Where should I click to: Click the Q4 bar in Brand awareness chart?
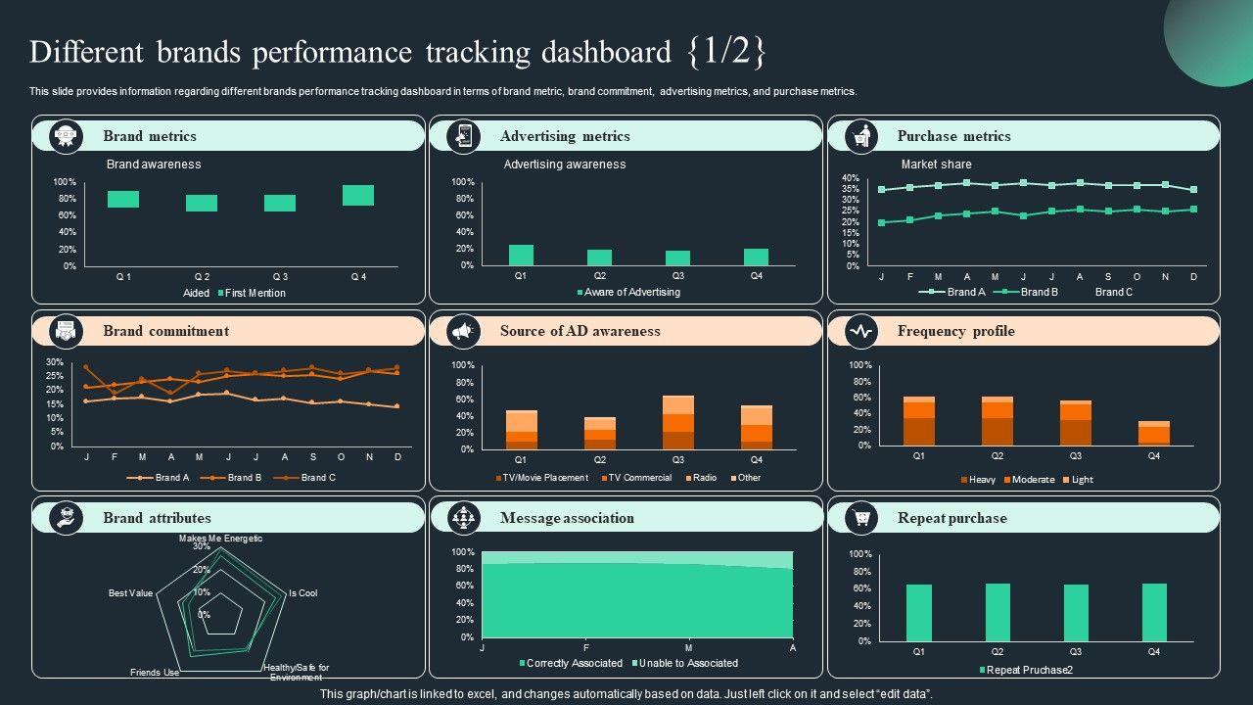tap(358, 195)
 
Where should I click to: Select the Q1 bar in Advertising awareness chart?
tap(521, 255)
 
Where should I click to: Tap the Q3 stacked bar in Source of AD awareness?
tap(677, 422)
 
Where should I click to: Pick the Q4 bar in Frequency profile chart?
tap(1154, 433)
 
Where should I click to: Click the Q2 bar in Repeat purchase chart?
tap(998, 612)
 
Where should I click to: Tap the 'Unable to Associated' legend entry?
tap(688, 663)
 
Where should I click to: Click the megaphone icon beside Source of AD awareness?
tap(463, 332)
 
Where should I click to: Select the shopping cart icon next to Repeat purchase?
tap(860, 518)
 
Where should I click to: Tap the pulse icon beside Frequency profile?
tap(860, 332)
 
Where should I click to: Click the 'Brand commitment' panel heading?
tap(165, 331)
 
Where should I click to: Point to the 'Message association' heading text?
tap(567, 518)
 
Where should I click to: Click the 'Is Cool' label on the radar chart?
tap(302, 593)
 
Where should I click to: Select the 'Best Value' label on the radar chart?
tap(130, 593)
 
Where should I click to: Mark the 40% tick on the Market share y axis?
tap(851, 177)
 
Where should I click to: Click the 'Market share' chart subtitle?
tap(936, 164)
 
